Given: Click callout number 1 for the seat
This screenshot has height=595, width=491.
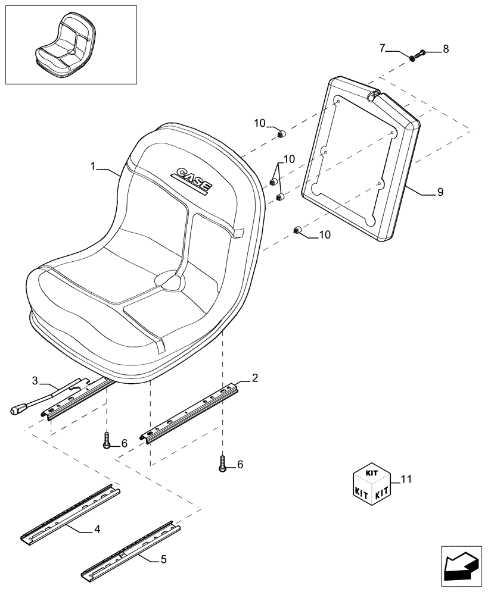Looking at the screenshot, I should [94, 168].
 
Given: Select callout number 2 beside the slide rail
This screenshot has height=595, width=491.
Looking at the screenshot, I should [255, 377].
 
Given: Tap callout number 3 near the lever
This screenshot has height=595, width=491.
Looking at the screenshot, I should [35, 380].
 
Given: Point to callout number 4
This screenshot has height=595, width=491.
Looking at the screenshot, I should [97, 528].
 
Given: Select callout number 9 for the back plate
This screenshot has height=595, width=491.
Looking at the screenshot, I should [440, 192].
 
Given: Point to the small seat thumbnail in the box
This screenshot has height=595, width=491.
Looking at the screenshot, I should [62, 46].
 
